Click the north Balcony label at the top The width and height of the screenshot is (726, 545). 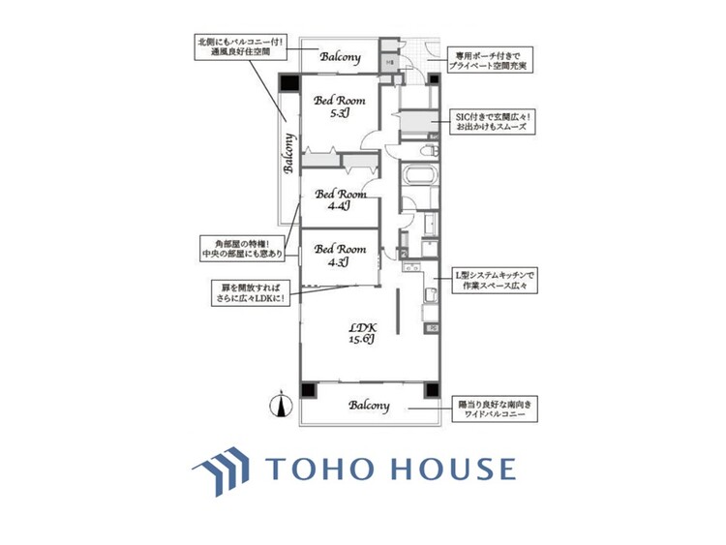(341, 56)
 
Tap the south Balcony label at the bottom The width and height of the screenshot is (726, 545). (369, 406)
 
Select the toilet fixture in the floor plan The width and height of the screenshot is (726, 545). (427, 151)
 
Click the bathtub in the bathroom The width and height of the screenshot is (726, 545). (420, 180)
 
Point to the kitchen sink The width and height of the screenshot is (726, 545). (430, 294)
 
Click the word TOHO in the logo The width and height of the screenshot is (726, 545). (320, 469)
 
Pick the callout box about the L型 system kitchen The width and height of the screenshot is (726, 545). (494, 282)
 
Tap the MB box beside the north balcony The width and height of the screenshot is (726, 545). (389, 63)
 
